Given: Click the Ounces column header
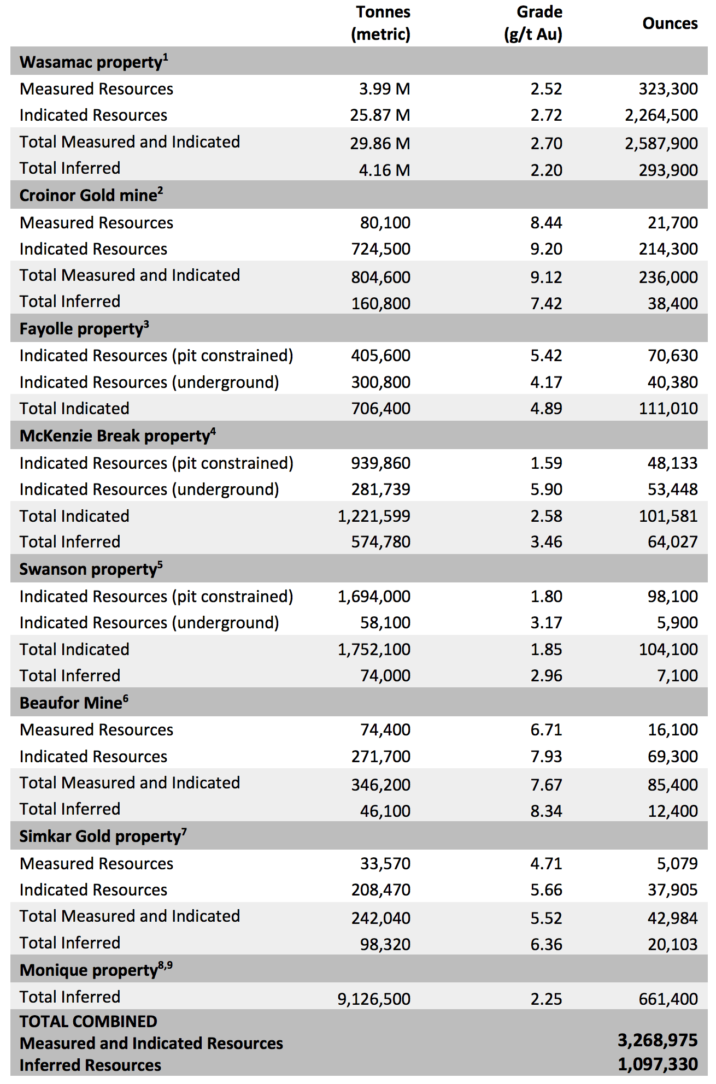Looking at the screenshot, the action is pos(670,23).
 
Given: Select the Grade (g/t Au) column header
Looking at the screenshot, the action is pos(533,23).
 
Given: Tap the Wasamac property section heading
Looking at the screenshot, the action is pos(93,62).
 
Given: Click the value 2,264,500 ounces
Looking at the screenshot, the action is pos(661,115).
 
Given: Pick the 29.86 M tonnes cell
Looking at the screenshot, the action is pos(380,143).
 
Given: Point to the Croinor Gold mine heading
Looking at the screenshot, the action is pos(91,195).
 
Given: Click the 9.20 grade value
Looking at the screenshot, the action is pos(546,249).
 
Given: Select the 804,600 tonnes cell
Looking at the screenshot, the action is pos(380,277).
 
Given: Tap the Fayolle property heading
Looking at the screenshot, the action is pos(84,328).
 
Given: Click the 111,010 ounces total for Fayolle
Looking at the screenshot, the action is pos(668,409).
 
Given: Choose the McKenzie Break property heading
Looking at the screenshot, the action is pos(118,435).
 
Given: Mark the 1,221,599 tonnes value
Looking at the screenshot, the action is pos(374,516).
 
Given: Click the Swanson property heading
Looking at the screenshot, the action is pos(91,569).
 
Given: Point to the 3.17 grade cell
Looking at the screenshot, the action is pos(546,623).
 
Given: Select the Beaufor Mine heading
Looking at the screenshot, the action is pos(74,703).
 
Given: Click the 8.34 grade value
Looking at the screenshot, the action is pos(546,811).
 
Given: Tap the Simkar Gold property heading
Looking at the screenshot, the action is pos(103,836).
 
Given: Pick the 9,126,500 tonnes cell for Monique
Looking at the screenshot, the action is pos(374,999).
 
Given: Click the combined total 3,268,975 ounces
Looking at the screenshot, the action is pos(658,1040).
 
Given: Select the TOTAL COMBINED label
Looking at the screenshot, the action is pos(89,1021).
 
